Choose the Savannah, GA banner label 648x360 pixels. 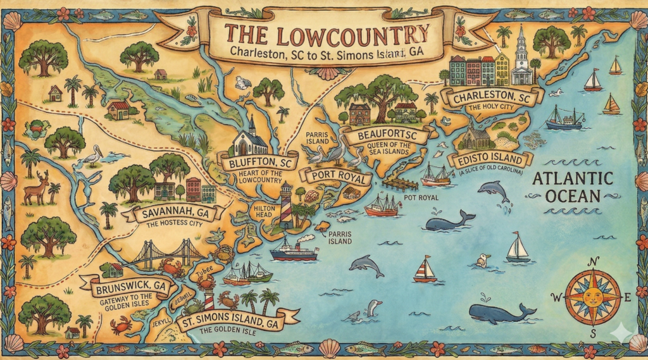(x=176, y=213)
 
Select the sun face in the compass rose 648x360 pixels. (x=592, y=296)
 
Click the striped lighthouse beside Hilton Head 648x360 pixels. (x=287, y=206)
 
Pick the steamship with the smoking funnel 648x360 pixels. (x=294, y=250)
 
